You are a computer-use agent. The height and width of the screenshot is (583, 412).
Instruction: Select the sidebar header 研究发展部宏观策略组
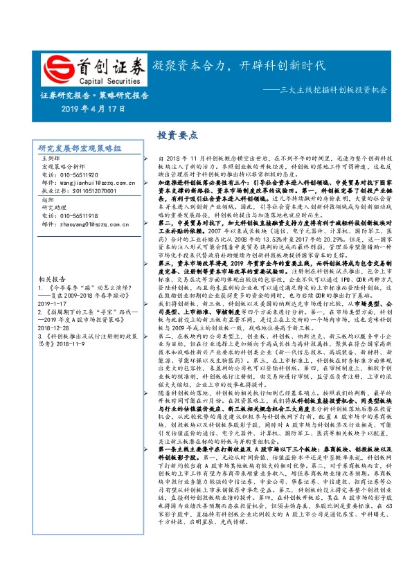point(80,148)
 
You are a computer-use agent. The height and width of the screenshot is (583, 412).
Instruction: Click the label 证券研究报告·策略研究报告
point(89,96)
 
